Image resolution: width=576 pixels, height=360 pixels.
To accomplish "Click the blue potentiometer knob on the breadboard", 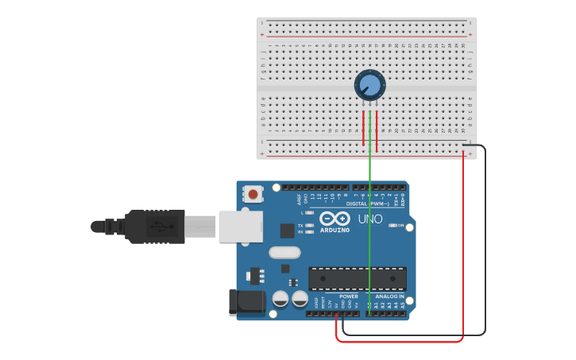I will coord(369,84).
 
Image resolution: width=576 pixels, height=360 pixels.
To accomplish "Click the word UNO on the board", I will coord(370,219).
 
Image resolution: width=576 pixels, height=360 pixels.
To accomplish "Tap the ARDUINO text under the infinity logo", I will coord(335,230).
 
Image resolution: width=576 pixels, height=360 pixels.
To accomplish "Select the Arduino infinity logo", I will coord(334,219).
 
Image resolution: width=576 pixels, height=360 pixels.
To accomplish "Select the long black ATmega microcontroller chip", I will coord(358,278).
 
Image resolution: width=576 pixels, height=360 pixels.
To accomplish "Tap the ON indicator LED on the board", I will coord(393,226).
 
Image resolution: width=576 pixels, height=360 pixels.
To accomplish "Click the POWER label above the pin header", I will coord(350,296).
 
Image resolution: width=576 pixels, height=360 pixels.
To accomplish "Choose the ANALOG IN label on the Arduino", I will coord(390,296).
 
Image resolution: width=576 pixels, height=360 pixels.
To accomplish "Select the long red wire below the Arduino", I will coord(397,341).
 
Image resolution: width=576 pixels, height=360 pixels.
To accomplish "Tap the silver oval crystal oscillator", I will coord(285,253).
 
